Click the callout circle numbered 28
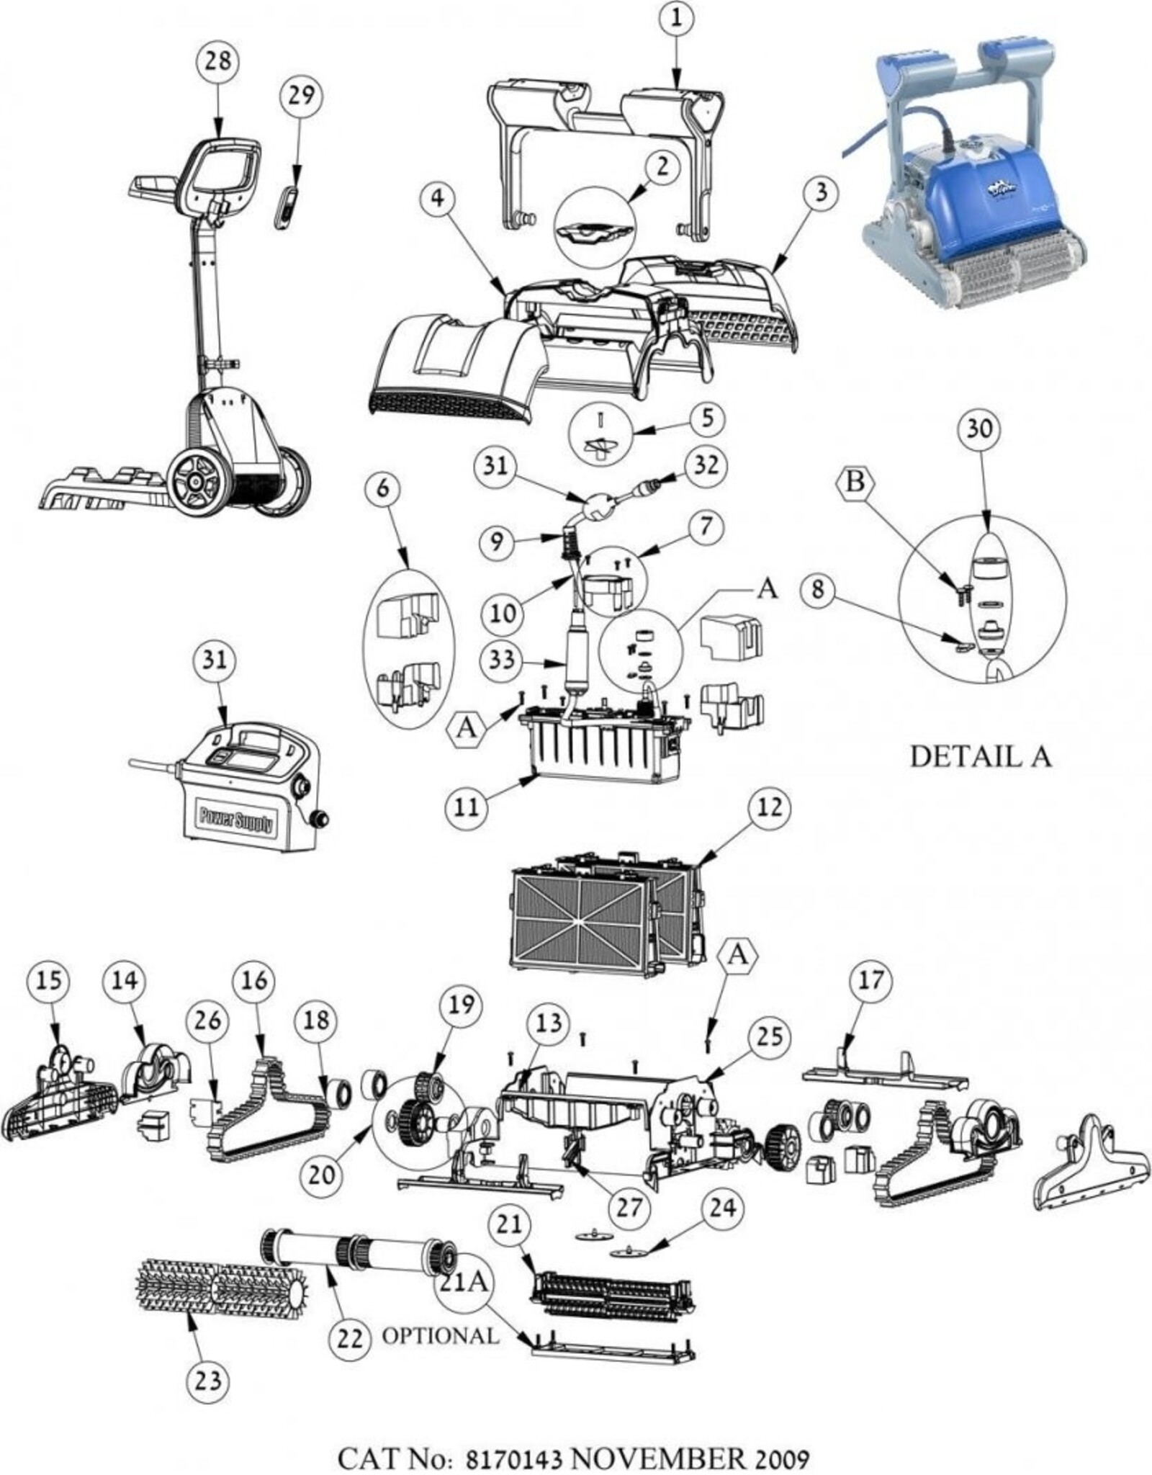point(218,60)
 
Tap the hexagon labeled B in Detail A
point(855,482)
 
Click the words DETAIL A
point(981,756)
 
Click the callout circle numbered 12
point(769,807)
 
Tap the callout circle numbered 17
point(870,980)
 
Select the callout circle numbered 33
point(502,658)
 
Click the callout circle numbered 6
point(382,488)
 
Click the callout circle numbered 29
point(300,94)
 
